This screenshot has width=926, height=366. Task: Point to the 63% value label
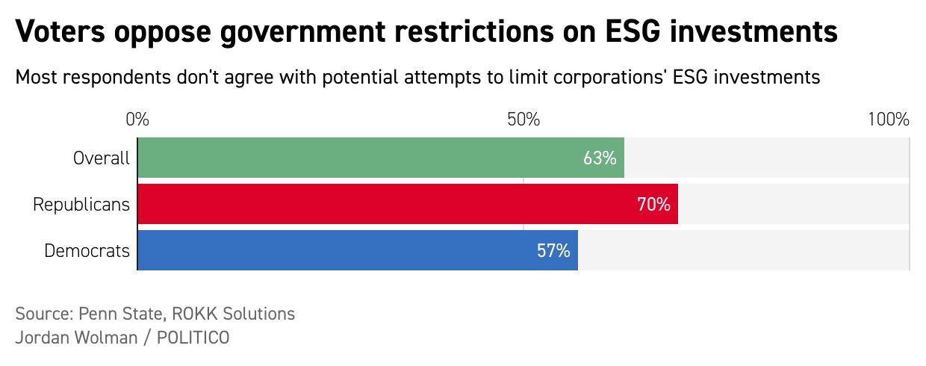click(600, 158)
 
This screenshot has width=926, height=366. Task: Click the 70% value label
click(653, 204)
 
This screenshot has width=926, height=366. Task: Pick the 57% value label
click(553, 251)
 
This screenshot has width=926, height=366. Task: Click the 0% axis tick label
click(137, 120)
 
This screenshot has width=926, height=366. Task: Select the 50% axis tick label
click(523, 120)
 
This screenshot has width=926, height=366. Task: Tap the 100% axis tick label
click(888, 120)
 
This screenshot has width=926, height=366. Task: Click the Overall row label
click(102, 158)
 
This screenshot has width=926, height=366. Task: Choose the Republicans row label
click(81, 204)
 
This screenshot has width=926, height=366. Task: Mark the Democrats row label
click(87, 251)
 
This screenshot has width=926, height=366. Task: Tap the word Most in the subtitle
click(35, 77)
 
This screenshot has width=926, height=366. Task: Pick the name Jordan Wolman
click(76, 338)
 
